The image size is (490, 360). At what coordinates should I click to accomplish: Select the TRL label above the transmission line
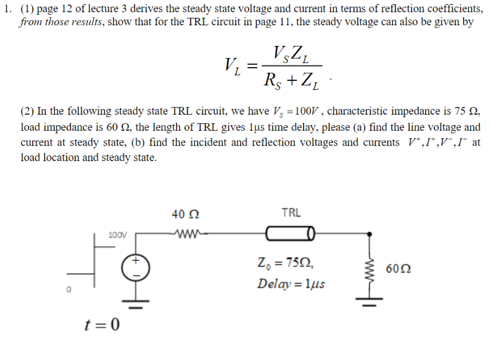coord(291,213)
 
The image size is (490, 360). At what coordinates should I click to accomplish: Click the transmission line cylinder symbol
coord(291,234)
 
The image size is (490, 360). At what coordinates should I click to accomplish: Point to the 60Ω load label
coord(398,268)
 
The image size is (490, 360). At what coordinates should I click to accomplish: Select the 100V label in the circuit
coord(117,235)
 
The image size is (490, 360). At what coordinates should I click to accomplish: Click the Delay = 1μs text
coord(291,284)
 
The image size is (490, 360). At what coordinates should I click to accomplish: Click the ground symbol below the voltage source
coord(136,303)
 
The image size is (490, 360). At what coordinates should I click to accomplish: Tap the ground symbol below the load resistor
coord(369,302)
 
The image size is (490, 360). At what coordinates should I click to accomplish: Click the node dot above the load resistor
coord(369,234)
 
